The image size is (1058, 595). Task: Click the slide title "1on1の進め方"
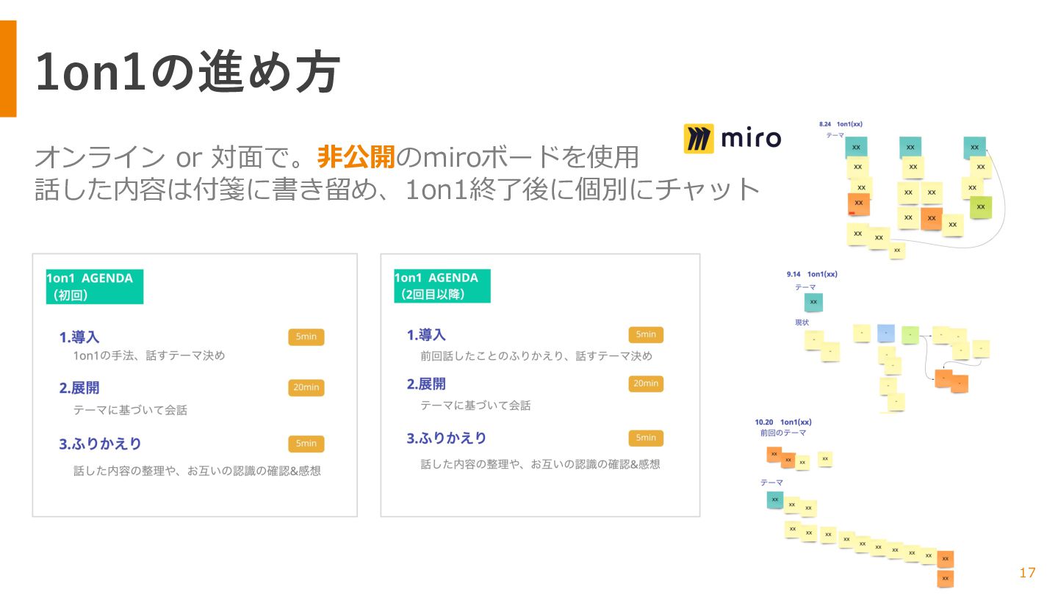(x=187, y=72)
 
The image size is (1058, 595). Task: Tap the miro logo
(x=732, y=138)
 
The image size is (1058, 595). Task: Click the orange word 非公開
(x=356, y=156)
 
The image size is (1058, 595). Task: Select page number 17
(x=1027, y=573)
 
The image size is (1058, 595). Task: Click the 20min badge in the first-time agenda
(x=306, y=388)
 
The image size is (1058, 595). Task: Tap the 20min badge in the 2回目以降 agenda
(x=646, y=383)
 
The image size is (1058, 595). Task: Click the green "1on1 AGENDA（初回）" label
(x=94, y=286)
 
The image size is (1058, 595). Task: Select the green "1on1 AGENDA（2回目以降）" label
(x=442, y=286)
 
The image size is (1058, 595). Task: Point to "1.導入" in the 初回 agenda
(x=79, y=337)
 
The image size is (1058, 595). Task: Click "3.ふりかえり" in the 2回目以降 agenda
(x=447, y=438)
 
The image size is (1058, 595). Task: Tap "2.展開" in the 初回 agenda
(x=79, y=388)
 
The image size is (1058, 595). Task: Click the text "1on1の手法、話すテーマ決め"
(x=149, y=356)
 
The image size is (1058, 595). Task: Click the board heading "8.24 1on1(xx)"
(x=841, y=124)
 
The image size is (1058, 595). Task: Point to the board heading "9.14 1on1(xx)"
(x=812, y=274)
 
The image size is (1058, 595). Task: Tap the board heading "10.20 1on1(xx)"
(x=783, y=422)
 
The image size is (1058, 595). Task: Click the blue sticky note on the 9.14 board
(x=886, y=333)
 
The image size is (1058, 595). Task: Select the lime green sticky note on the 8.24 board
(x=980, y=207)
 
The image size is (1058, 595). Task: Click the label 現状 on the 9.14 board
(x=802, y=322)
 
